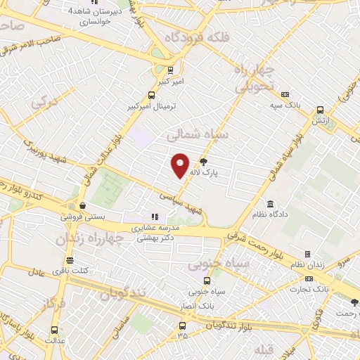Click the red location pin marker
181,165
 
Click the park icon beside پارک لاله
204,160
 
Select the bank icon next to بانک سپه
285,95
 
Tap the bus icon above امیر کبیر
171,70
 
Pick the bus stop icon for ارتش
321,110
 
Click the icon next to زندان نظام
307,254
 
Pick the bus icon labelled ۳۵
183,326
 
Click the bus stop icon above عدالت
55,328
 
